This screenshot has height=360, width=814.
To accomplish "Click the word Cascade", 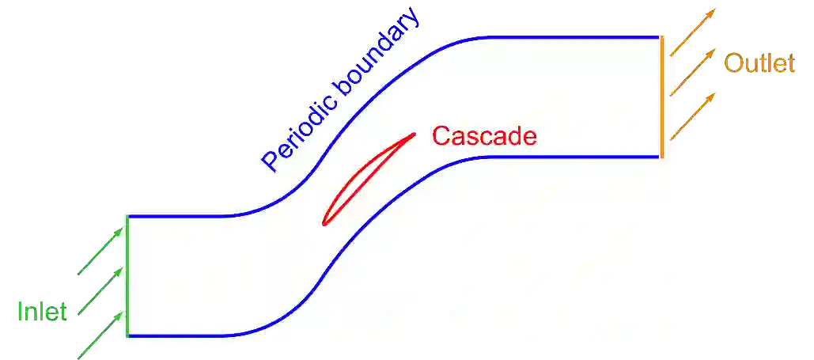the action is pos(484,136).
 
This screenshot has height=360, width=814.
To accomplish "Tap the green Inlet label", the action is pos(44,310).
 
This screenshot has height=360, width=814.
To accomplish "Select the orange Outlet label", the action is pos(759,63).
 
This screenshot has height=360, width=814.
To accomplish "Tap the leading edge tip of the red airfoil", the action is pos(324,224).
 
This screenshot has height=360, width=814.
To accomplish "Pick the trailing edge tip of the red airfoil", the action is pos(414,133).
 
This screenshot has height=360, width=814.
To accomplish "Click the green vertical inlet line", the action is pos(127,277).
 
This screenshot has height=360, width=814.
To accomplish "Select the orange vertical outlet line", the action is pos(661,95).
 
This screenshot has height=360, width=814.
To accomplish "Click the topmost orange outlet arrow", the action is pos(693,32).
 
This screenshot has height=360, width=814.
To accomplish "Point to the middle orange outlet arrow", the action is pos(693,72).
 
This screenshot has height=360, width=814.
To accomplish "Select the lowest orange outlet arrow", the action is pos(693,115).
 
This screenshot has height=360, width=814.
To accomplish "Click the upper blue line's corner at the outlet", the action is pos(658,36).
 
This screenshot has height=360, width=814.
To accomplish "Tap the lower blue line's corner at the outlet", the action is pos(659,157).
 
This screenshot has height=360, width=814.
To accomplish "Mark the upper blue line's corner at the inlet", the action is pos(128,216).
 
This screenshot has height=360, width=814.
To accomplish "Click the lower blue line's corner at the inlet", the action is pos(128,336).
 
